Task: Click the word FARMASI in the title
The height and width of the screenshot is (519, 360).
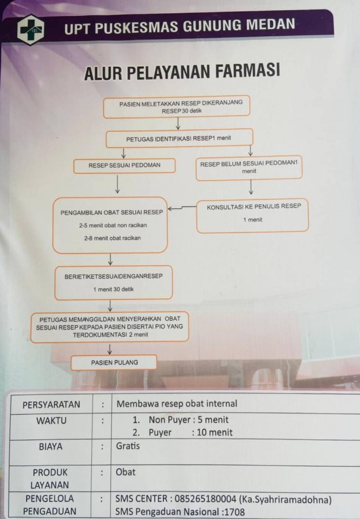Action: click(x=243, y=72)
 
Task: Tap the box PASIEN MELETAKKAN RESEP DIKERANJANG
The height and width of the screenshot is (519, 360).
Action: click(x=176, y=107)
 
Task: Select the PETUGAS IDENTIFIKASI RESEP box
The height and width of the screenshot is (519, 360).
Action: click(x=179, y=138)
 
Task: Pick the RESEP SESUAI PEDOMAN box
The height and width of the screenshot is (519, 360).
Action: click(x=124, y=165)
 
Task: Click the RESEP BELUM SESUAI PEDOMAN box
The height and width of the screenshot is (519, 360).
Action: click(x=249, y=167)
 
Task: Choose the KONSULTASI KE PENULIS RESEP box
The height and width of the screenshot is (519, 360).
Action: click(x=253, y=215)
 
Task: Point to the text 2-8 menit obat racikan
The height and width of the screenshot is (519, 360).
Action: click(x=112, y=238)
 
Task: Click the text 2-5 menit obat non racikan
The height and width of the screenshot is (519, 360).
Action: click(x=112, y=225)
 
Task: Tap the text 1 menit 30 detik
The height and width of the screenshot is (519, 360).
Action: click(x=113, y=289)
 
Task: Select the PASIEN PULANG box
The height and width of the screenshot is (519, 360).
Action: click(x=114, y=362)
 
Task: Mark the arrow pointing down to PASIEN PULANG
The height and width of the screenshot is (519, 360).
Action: click(x=109, y=349)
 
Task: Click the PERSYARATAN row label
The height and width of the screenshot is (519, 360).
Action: click(x=51, y=404)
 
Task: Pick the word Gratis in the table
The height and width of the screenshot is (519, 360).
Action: click(x=128, y=446)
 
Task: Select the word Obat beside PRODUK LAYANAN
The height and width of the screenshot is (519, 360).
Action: click(x=126, y=472)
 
